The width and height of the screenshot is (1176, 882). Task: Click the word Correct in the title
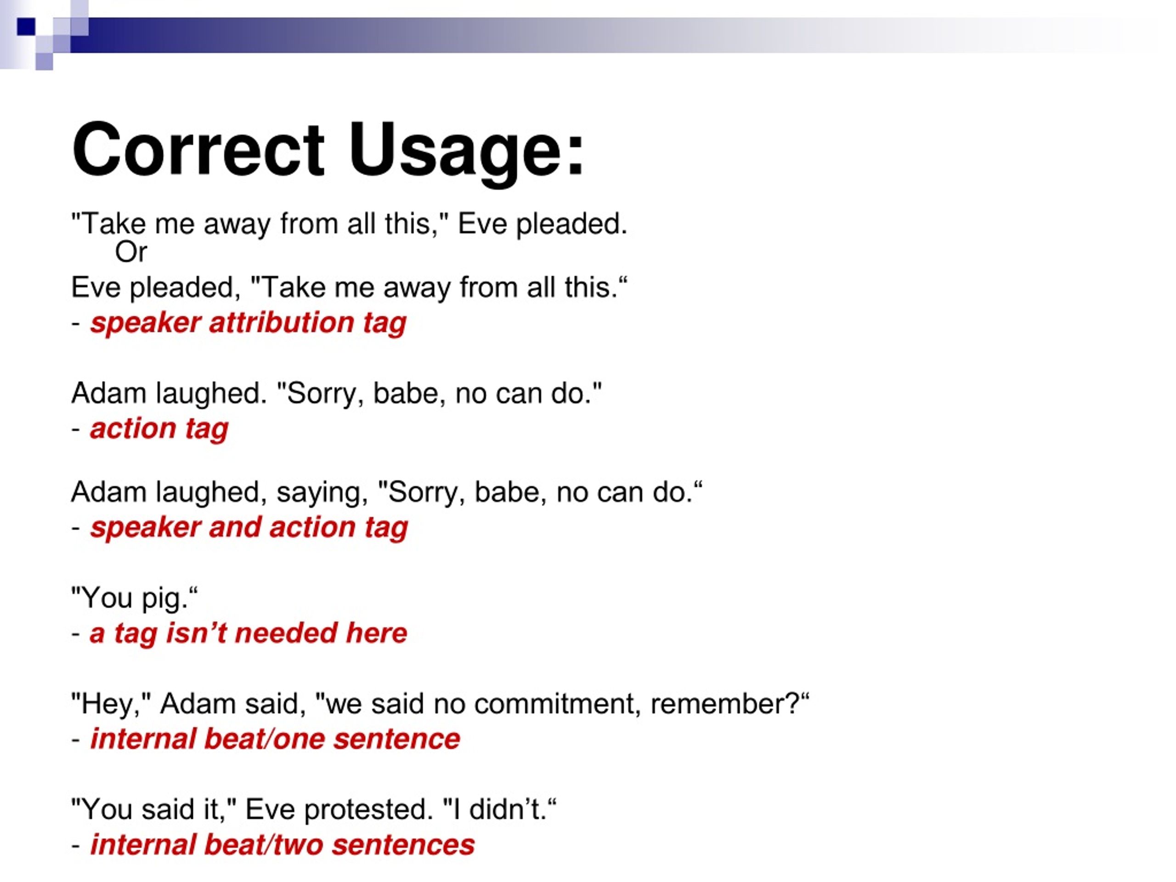click(x=198, y=150)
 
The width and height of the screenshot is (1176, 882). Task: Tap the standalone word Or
click(x=131, y=252)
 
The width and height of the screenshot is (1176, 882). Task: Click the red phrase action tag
click(x=159, y=429)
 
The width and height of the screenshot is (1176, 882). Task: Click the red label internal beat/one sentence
click(x=275, y=739)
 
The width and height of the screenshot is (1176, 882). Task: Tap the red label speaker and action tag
click(x=249, y=527)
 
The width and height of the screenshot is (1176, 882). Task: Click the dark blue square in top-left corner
click(x=26, y=27)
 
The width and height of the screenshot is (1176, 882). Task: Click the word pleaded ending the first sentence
click(x=571, y=224)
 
